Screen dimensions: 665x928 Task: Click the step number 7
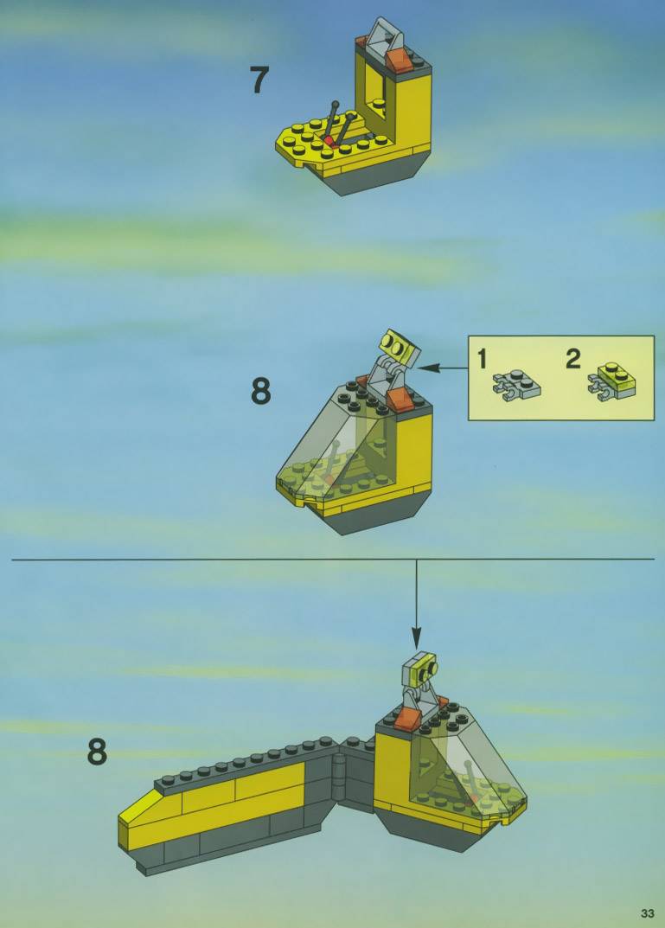259,80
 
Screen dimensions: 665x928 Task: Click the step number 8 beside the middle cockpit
261,391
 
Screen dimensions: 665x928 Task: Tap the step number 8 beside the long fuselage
98,752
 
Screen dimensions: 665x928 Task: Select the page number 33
647,913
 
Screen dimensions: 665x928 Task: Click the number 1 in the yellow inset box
483,359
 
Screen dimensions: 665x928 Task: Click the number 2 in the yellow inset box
573,359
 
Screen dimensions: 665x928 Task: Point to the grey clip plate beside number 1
516,385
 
